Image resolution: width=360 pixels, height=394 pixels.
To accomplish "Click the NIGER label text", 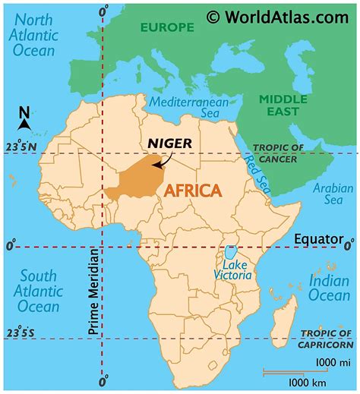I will (x=169, y=143).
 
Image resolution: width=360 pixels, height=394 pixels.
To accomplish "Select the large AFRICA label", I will (x=191, y=191).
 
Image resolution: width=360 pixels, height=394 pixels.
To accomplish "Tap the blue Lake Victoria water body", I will (x=231, y=254).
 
